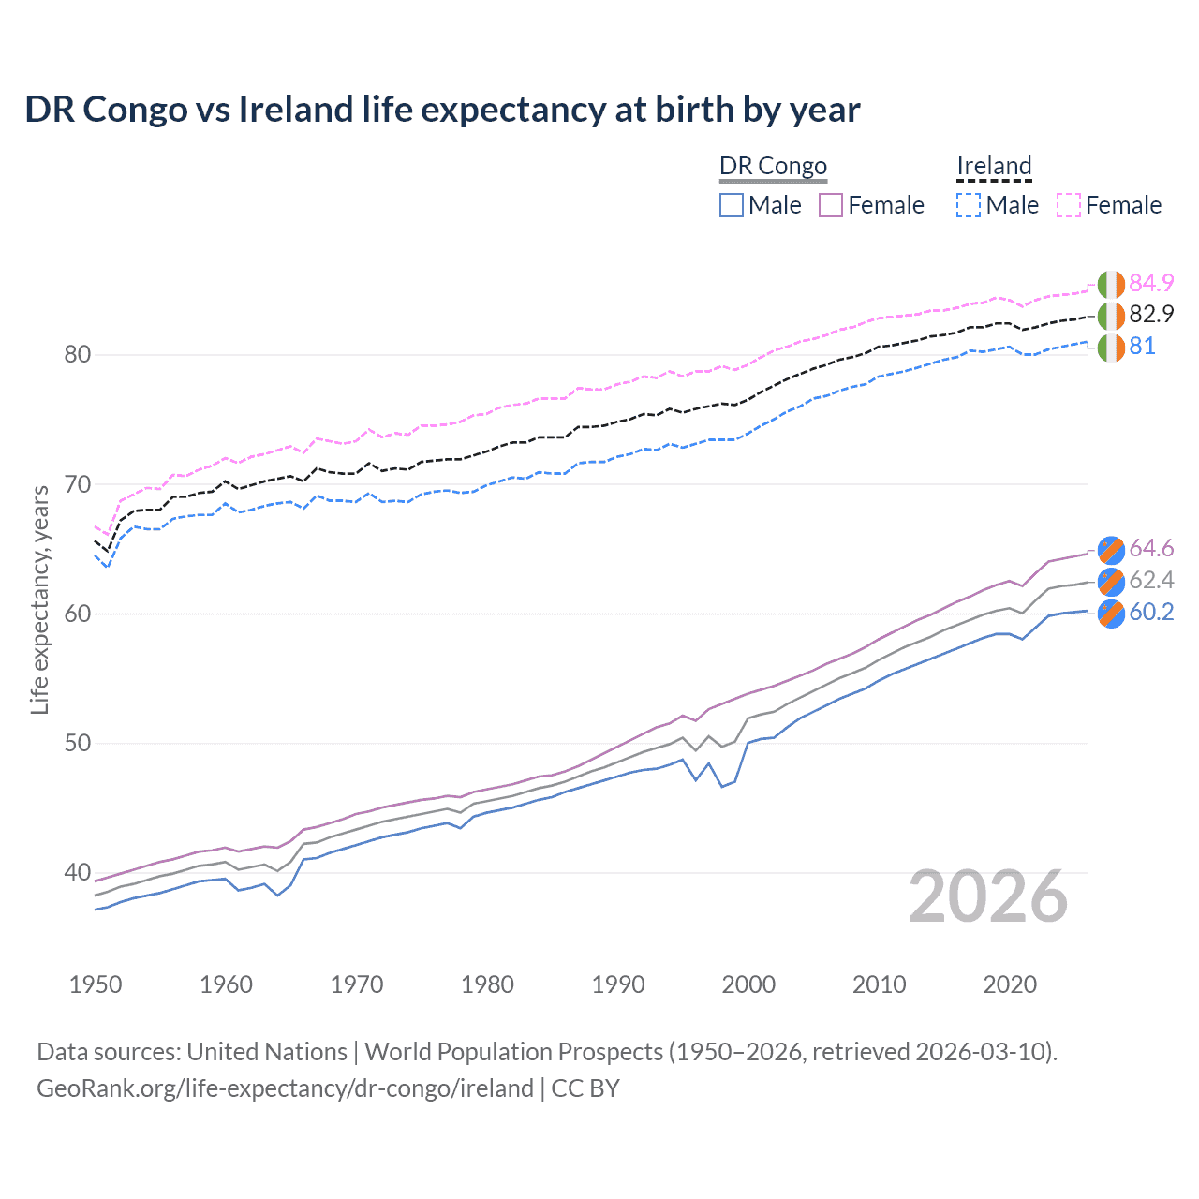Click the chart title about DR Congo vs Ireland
click(x=442, y=110)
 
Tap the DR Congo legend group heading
click(x=773, y=166)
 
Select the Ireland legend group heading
click(x=994, y=166)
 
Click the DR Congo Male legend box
click(x=732, y=205)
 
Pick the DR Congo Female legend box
click(x=831, y=205)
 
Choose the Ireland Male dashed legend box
click(x=969, y=205)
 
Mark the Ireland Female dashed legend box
click(x=1069, y=205)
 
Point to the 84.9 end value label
click(x=1151, y=283)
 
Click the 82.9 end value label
click(x=1151, y=315)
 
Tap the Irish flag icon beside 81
click(x=1111, y=347)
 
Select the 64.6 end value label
click(x=1151, y=548)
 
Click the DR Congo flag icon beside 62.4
click(x=1111, y=581)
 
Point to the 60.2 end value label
click(x=1151, y=613)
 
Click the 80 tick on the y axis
click(x=78, y=355)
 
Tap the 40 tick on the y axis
click(x=78, y=873)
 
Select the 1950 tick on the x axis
click(x=96, y=984)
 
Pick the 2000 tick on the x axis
click(x=748, y=984)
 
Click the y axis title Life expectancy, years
click(x=39, y=599)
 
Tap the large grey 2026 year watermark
click(x=988, y=896)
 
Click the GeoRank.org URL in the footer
click(x=285, y=1088)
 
